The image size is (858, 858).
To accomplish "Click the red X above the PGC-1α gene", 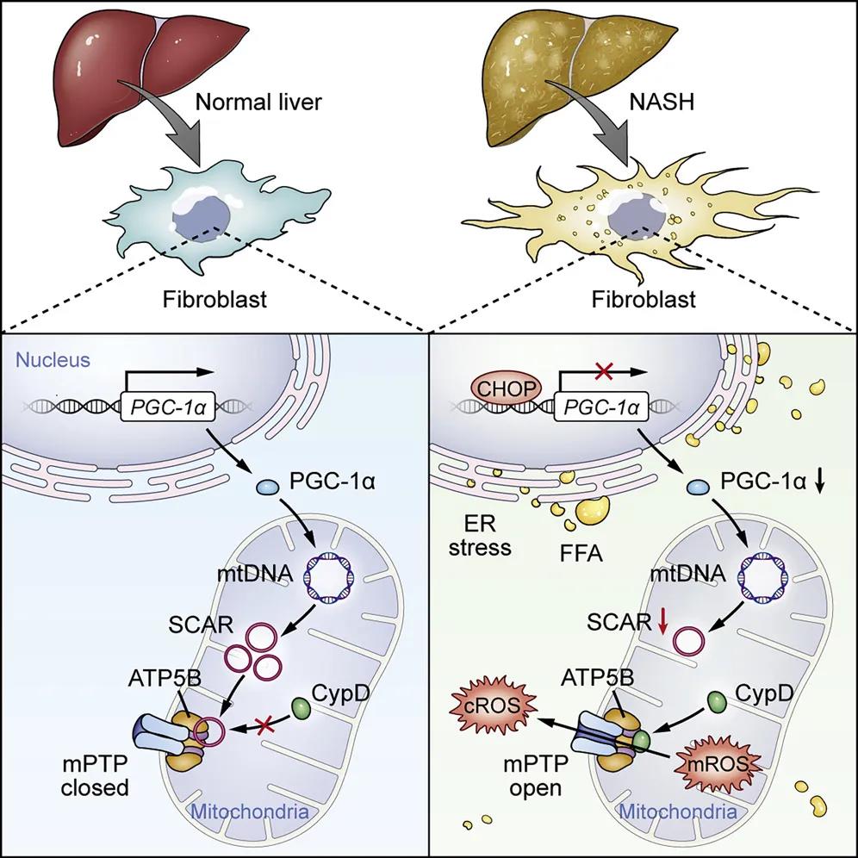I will click(605, 371).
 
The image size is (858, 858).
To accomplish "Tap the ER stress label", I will click(481, 535).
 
